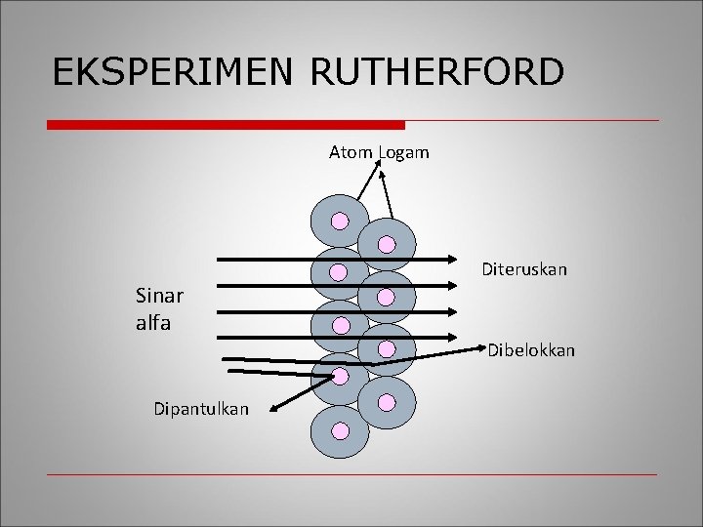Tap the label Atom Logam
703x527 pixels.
379,153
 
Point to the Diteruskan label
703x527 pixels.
524,268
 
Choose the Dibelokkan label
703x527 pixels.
531,349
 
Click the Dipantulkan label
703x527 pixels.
201,409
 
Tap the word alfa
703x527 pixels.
154,323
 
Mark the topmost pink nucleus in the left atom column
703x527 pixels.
339,220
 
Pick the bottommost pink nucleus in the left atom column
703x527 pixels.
339,429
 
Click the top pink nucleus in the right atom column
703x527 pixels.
387,244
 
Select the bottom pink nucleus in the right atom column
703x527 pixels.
387,401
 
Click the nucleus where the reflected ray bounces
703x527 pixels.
339,376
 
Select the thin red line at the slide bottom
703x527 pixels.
351,475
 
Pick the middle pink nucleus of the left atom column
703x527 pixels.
339,323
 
